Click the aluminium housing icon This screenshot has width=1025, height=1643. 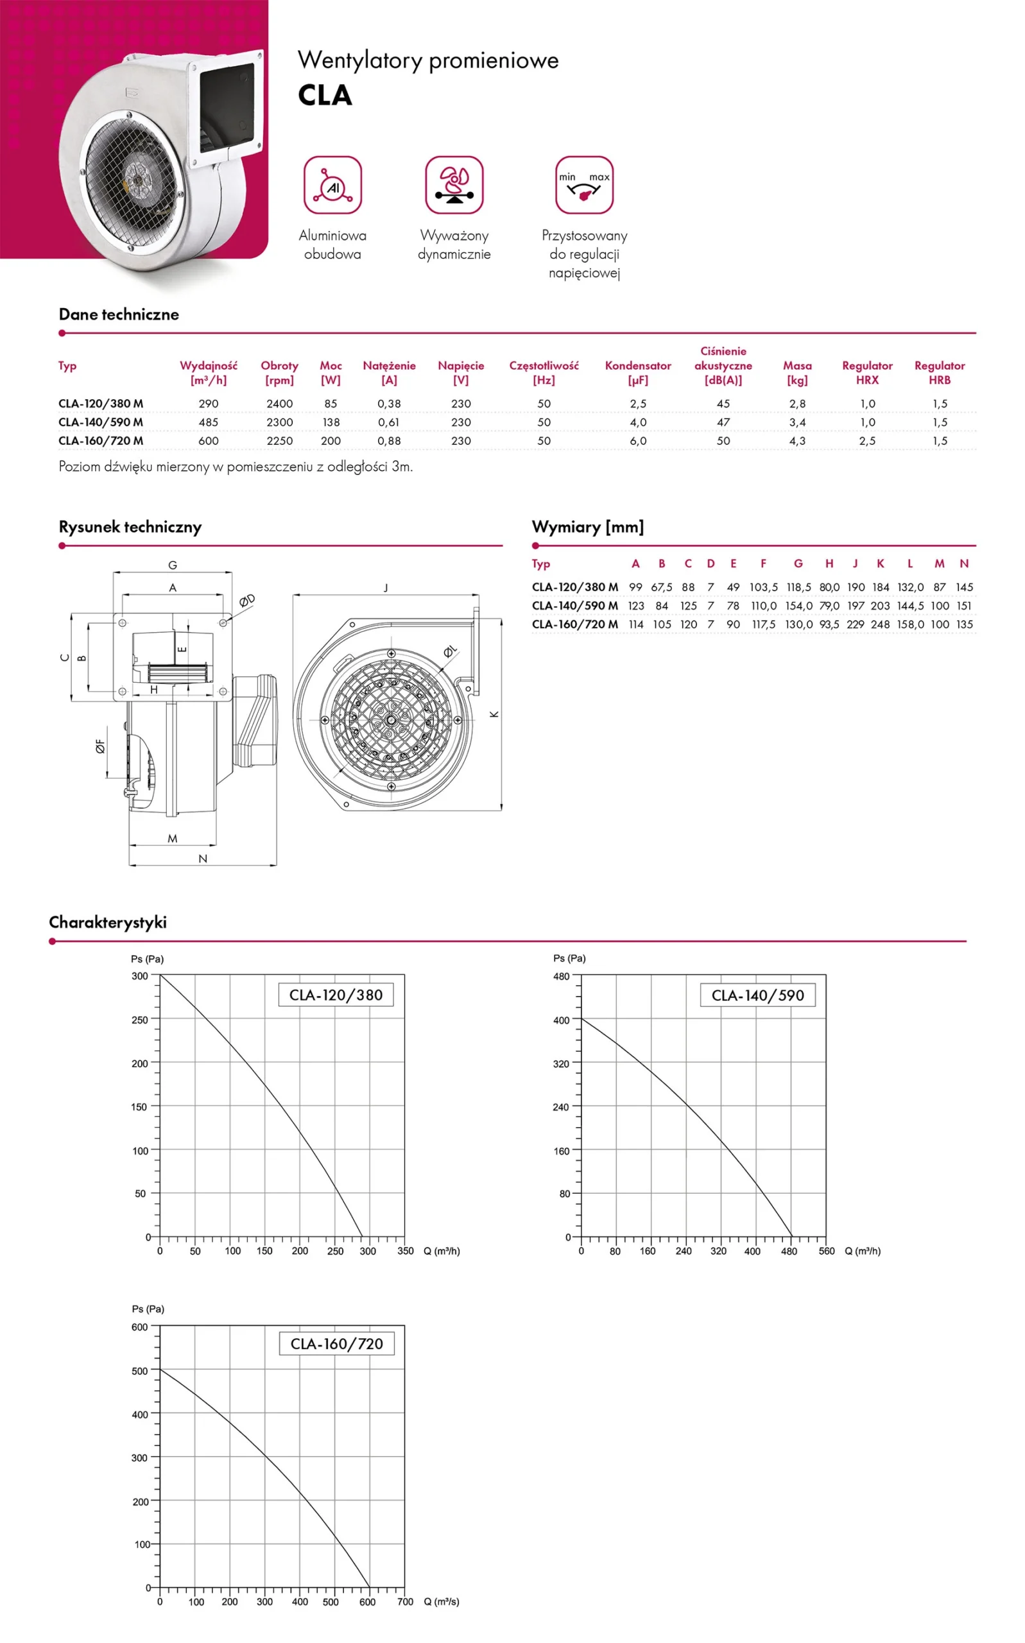[x=332, y=185]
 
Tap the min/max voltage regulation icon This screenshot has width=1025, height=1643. [x=583, y=185]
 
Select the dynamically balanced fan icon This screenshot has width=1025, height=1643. [x=454, y=185]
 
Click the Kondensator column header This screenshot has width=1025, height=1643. [x=638, y=372]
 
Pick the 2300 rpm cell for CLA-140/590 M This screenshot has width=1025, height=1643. [x=279, y=422]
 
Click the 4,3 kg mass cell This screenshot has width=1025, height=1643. [x=797, y=440]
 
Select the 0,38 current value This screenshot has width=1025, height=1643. [x=389, y=403]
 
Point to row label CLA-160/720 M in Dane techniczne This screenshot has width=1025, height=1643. [x=101, y=440]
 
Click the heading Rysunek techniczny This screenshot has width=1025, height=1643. [x=130, y=527]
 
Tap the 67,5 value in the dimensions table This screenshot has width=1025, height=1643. [x=662, y=587]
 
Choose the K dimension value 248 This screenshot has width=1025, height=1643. [x=880, y=624]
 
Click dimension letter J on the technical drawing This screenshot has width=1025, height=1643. [x=386, y=588]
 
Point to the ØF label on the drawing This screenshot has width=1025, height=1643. [x=100, y=746]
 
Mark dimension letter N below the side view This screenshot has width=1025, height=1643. [x=203, y=859]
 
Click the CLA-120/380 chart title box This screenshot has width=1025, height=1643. [x=336, y=995]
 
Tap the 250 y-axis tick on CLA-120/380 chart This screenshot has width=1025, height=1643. [x=140, y=1019]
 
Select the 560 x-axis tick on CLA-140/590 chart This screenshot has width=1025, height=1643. [x=827, y=1252]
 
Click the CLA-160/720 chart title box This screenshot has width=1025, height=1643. [x=336, y=1343]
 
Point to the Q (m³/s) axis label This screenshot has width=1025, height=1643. [x=442, y=1602]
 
